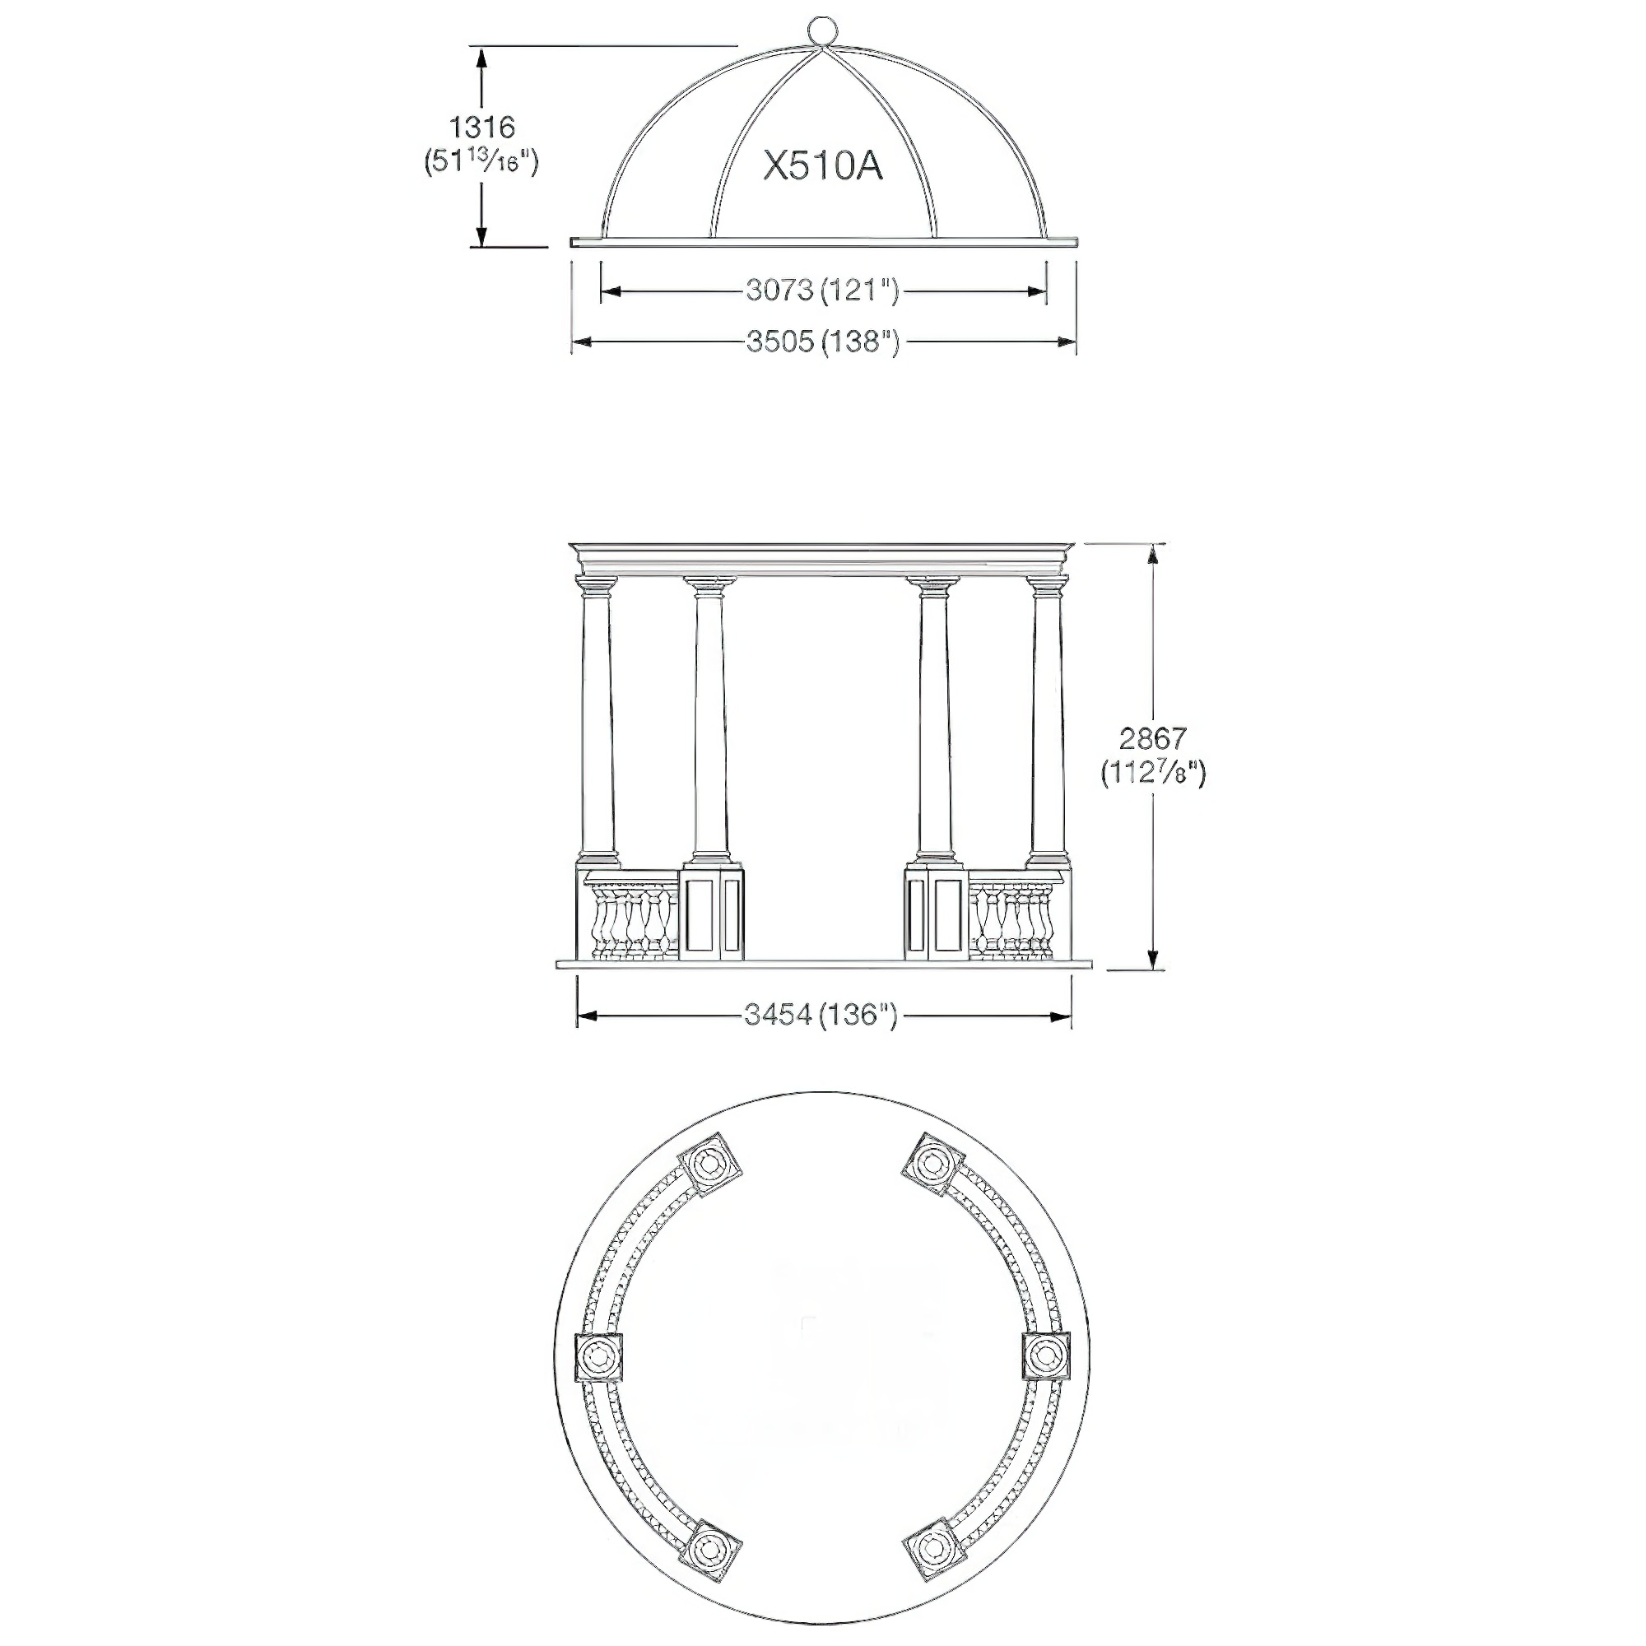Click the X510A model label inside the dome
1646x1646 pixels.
pyautogui.click(x=822, y=166)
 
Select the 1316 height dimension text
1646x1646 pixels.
pyautogui.click(x=482, y=127)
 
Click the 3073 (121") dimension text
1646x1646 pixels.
pyautogui.click(x=823, y=291)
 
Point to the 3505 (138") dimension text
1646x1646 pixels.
pyautogui.click(x=823, y=341)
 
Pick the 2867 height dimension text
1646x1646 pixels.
pyautogui.click(x=1153, y=737)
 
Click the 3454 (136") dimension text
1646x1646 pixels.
pyautogui.click(x=821, y=1015)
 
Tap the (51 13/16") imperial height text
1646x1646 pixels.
pyautogui.click(x=482, y=161)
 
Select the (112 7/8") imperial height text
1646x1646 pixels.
pyautogui.click(x=1154, y=773)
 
